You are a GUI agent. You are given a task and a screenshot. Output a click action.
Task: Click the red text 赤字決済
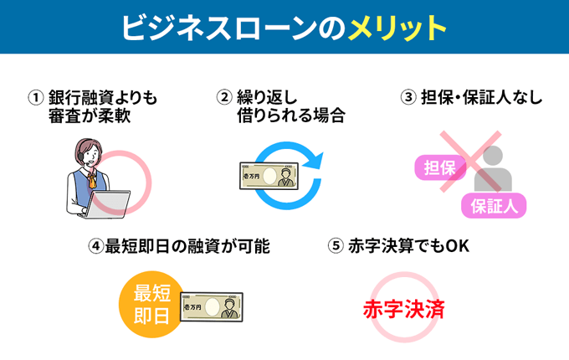pyautogui.click(x=403, y=309)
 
